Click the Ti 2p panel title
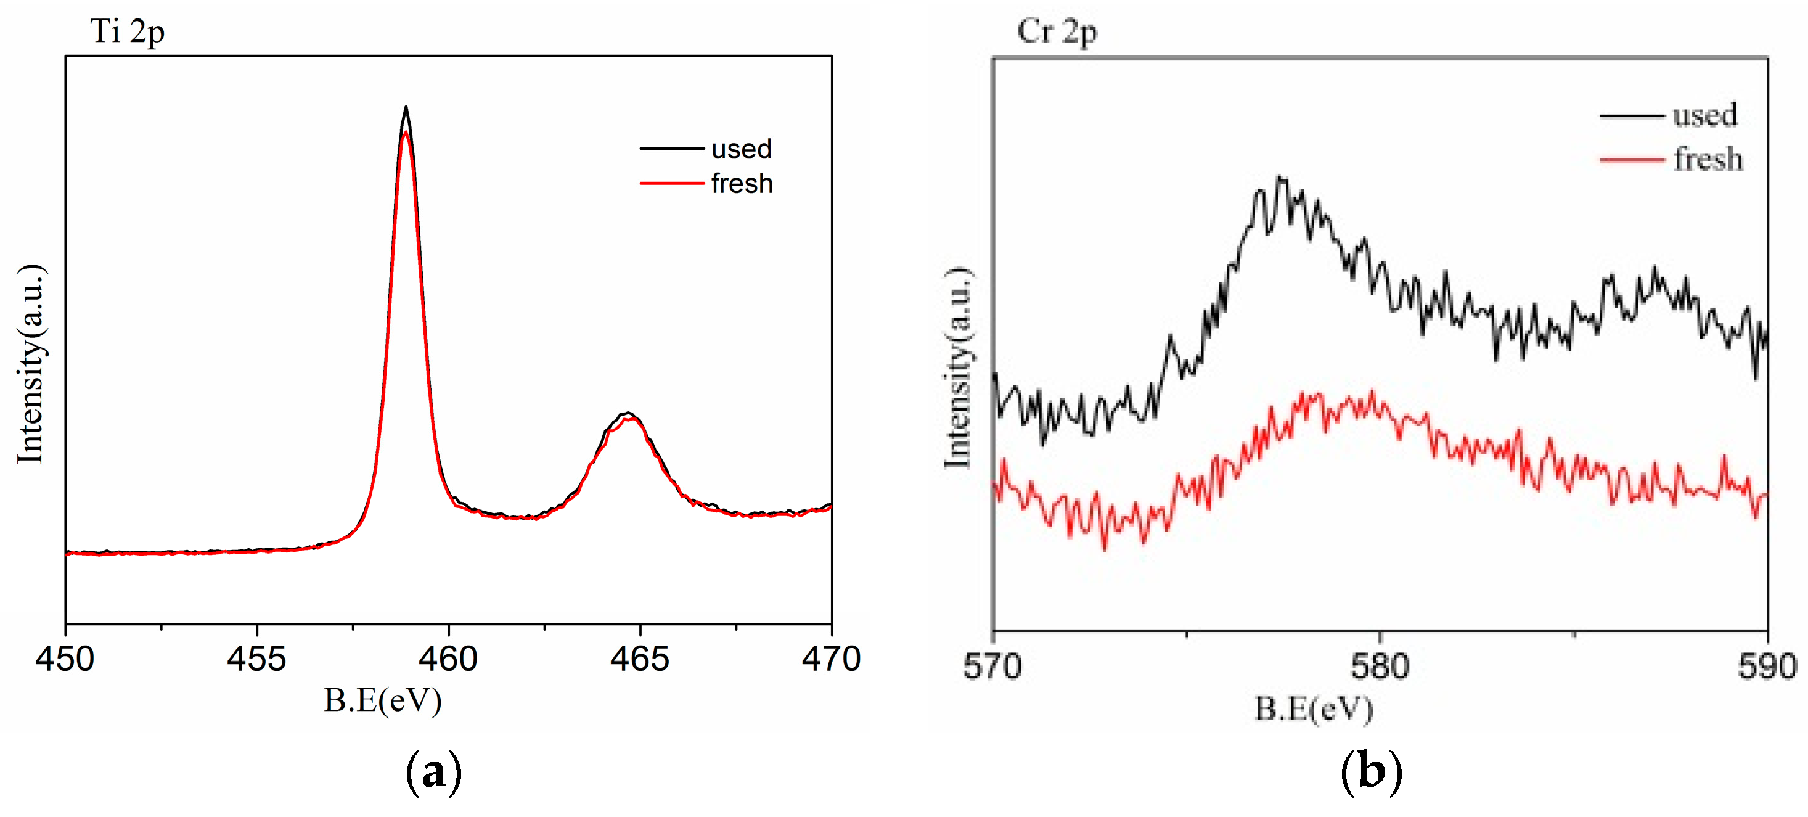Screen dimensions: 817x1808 (127, 32)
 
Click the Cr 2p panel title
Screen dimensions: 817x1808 (1057, 32)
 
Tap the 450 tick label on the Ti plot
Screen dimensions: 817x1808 (65, 659)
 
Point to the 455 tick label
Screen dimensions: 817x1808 (256, 659)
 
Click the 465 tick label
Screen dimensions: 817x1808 (639, 659)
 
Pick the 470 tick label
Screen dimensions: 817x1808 (831, 659)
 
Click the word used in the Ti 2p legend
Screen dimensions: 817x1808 (741, 149)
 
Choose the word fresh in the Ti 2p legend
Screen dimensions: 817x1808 (741, 184)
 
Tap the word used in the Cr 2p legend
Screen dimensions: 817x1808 (1705, 115)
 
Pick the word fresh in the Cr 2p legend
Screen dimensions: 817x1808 (1708, 159)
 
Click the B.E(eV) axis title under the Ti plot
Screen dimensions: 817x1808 (383, 700)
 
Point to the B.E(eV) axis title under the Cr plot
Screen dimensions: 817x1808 (1313, 709)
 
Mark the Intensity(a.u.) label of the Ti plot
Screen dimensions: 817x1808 (31, 364)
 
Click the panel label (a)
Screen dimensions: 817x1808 (434, 771)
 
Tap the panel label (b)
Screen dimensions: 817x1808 (1371, 771)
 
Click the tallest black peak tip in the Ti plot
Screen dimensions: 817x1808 (406, 107)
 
